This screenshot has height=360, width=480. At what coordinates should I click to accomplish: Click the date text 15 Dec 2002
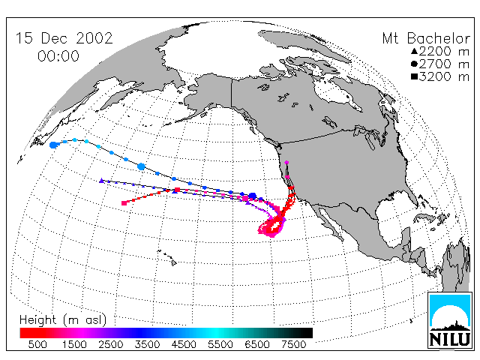pos(64,38)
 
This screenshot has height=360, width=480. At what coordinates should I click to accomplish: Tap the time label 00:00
pos(58,56)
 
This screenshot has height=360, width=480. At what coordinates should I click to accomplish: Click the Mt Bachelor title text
pos(426,38)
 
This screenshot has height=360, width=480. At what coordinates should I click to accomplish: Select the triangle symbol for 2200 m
pos(414,51)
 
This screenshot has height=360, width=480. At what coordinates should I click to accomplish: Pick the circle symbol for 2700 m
pos(414,64)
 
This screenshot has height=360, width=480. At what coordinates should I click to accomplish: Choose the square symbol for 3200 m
pos(414,76)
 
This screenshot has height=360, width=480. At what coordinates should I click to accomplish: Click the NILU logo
pos(450,320)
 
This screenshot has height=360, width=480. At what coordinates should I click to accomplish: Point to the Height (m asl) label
pos(63,319)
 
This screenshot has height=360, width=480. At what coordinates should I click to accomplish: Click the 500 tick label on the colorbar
pos(37,344)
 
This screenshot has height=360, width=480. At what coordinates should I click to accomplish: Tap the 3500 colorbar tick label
pos(147,344)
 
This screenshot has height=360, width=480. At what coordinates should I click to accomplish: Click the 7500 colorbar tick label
pos(293,344)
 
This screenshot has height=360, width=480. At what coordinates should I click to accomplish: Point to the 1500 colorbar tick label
pos(74,344)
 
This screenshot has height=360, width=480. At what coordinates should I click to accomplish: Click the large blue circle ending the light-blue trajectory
pos(53,145)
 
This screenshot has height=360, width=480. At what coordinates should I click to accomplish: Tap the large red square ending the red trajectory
pos(124,203)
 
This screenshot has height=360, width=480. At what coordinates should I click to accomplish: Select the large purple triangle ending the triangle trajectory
pos(102,181)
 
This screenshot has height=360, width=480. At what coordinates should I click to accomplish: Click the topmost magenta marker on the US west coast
pos(286,162)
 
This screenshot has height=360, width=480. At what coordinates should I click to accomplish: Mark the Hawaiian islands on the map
pos(167,257)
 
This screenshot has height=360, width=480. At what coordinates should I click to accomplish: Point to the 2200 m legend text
pos(444,51)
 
